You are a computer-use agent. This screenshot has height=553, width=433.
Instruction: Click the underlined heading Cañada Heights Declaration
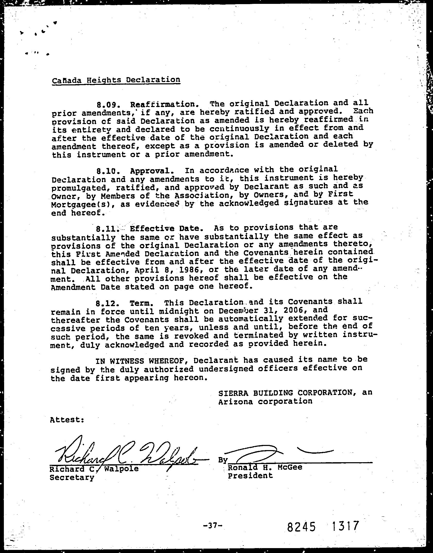pos(116,80)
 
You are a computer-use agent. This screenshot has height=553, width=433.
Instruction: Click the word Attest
pos(67,420)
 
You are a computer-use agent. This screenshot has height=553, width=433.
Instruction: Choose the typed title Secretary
pos(72,477)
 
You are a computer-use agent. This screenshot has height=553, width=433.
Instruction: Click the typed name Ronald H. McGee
pos(265,467)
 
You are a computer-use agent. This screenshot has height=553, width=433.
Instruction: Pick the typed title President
pos(250,476)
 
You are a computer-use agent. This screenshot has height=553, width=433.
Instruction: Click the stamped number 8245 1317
pos(323,519)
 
